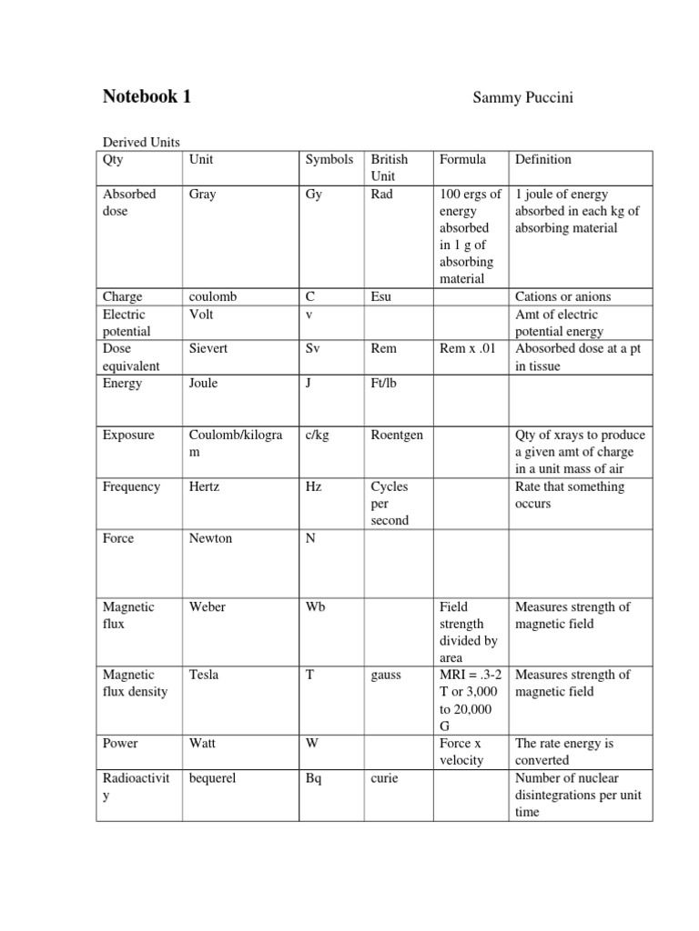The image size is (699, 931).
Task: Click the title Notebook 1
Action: point(147,97)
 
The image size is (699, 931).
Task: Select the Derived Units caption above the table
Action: point(141,143)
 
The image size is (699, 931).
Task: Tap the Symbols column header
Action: point(329,159)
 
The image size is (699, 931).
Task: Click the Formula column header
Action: point(462,159)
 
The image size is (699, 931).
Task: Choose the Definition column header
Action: point(543,159)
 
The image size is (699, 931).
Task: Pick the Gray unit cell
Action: point(202,194)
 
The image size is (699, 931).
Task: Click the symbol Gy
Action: point(314,194)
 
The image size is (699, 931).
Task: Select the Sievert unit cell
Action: point(208,348)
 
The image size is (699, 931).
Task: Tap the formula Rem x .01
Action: point(468,348)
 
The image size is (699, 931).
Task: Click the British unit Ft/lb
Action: point(384,383)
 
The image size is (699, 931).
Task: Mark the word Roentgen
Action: point(397,435)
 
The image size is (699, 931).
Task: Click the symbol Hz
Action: point(314,486)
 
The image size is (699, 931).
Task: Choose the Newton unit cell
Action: point(210,538)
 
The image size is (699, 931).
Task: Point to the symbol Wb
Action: point(316,606)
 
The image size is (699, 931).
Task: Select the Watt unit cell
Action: point(202,743)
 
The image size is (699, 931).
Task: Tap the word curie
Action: point(384,778)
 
